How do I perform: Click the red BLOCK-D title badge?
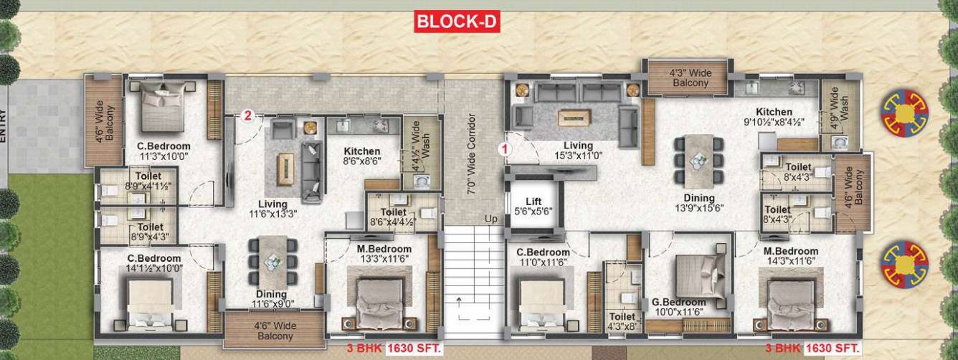(457, 22)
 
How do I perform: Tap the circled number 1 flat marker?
(504, 149)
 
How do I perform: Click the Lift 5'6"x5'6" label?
(532, 207)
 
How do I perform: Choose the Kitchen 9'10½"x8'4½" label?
(774, 117)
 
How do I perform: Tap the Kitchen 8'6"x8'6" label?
(361, 156)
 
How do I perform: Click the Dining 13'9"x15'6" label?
(698, 203)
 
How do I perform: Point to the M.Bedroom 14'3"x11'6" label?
(791, 256)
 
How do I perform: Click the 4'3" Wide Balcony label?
(690, 77)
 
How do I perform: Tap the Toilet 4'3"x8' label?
(622, 321)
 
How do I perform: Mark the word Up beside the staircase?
(491, 218)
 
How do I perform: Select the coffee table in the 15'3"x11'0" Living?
(574, 116)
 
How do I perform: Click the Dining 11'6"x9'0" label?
(271, 299)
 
